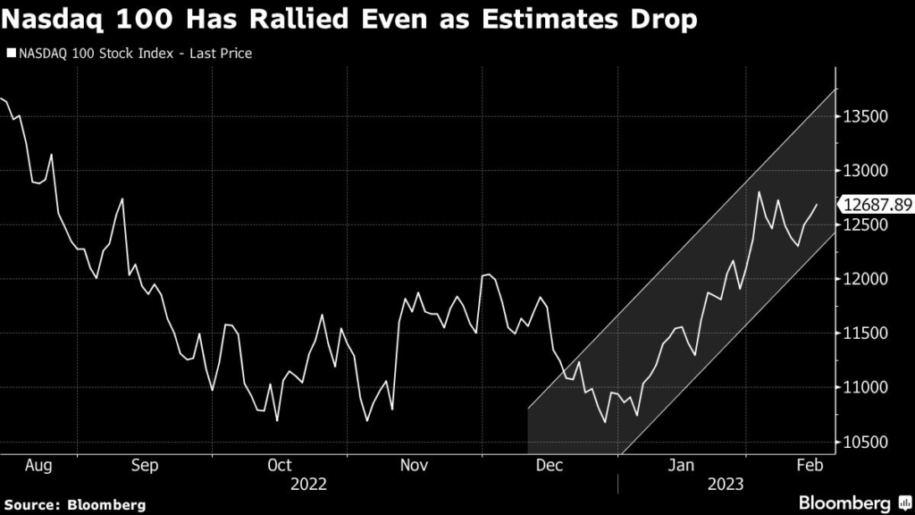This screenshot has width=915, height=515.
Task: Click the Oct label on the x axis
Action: [280, 465]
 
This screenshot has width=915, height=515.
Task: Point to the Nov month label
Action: [414, 465]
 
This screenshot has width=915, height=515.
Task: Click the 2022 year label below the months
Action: [307, 484]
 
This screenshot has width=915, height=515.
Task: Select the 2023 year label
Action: [725, 484]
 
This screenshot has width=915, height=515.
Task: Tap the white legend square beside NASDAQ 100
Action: [10, 54]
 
